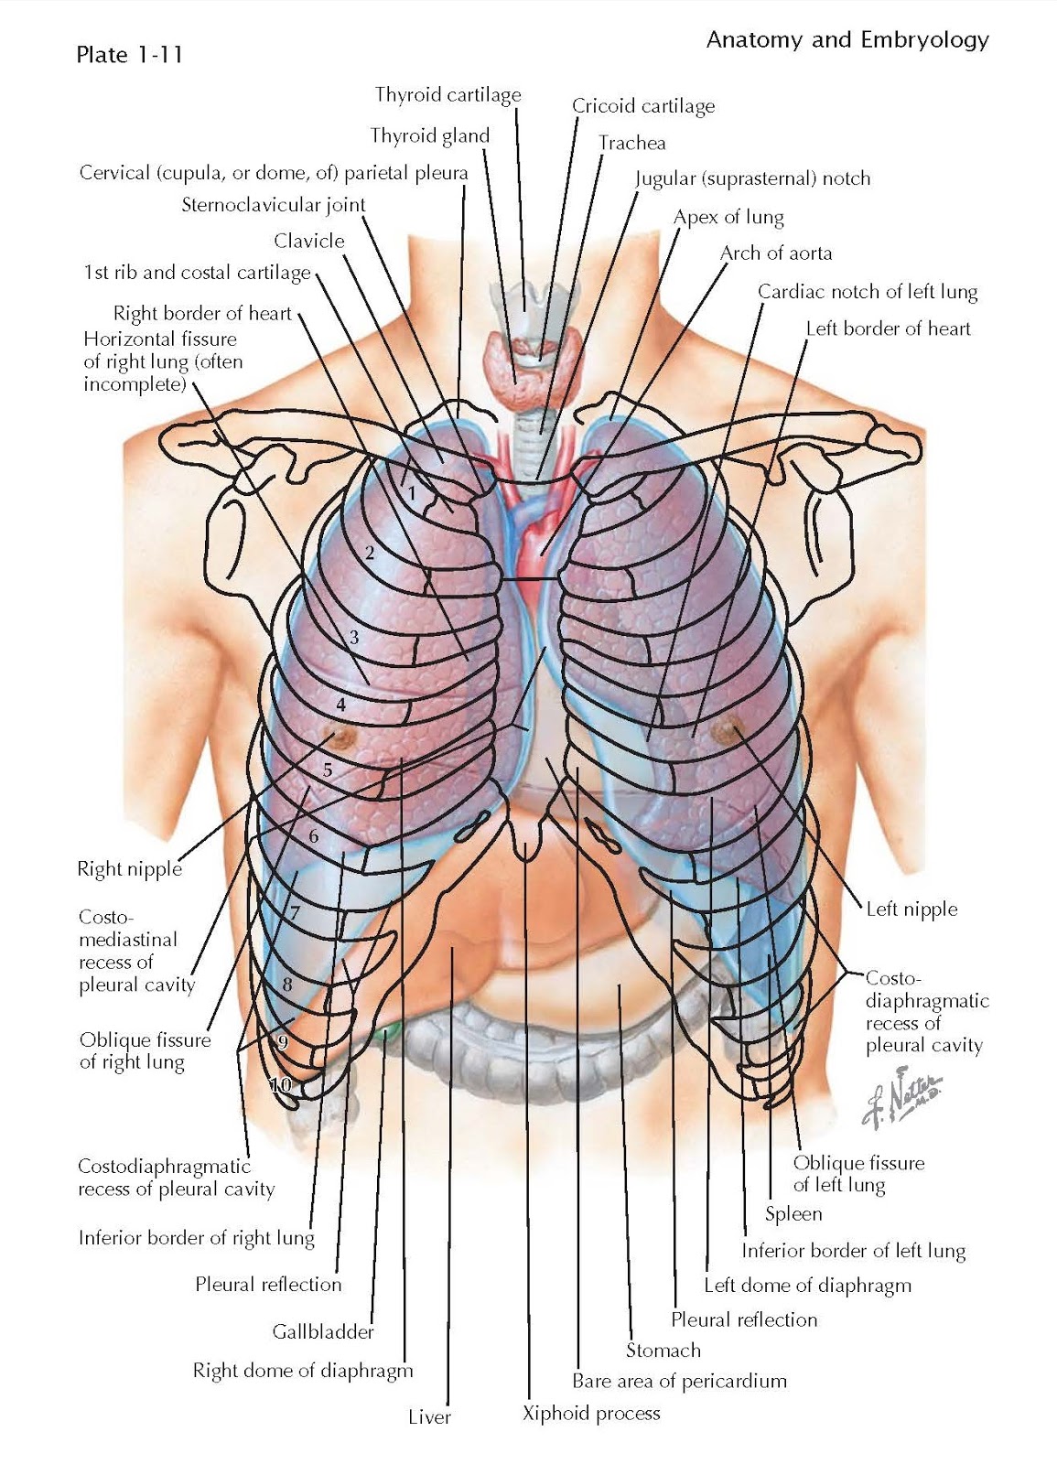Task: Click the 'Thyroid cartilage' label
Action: pos(448,95)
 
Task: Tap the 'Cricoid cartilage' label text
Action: pos(642,106)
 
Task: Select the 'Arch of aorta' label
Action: pos(776,253)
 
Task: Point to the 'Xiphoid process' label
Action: pos(590,1414)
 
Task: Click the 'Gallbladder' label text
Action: pos(323,1331)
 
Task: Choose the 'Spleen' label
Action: pos(793,1214)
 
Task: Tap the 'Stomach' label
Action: pos(663,1351)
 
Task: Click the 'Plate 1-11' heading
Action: pos(129,55)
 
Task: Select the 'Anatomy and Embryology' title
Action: pos(847,40)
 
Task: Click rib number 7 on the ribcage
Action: pos(295,912)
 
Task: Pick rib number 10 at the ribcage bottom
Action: pos(280,1085)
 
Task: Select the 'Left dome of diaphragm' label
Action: pos(807,1286)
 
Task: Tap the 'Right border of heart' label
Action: pos(202,314)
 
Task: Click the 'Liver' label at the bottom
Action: pos(429,1417)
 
